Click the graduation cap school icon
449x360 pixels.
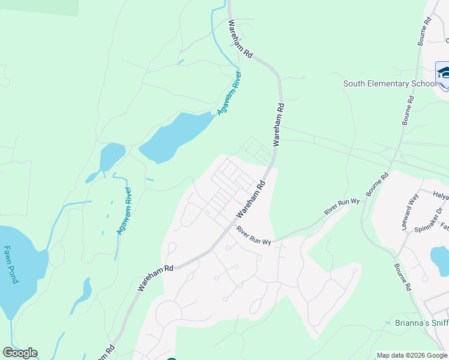[444, 73]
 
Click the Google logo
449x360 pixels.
[20, 353]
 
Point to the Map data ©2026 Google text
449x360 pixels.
[411, 355]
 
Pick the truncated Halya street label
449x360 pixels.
[441, 196]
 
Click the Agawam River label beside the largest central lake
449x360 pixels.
[229, 94]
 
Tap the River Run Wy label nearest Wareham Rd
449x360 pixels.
[253, 236]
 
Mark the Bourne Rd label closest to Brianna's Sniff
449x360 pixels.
[402, 278]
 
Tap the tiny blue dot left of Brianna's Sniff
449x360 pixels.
[388, 323]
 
